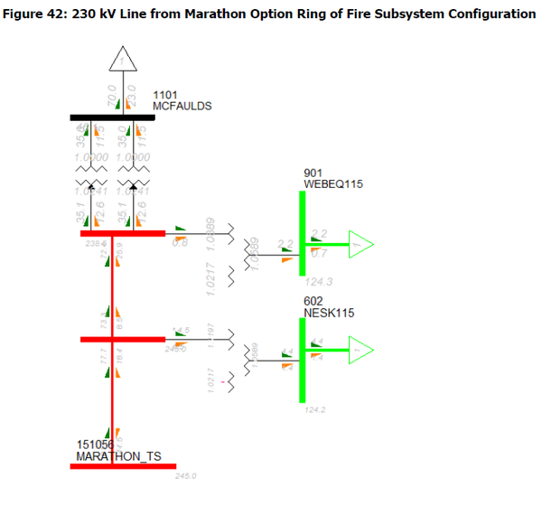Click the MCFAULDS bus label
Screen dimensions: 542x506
pos(182,106)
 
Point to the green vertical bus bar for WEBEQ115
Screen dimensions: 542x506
pos(302,234)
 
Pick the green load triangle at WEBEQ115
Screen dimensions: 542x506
pos(360,244)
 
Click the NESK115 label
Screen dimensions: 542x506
pos(329,313)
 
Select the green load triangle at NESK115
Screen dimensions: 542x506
pos(360,348)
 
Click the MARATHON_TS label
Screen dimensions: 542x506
pos(118,457)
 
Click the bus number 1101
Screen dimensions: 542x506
pos(164,94)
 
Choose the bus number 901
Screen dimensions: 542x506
pos(313,173)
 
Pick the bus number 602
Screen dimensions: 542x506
pos(313,301)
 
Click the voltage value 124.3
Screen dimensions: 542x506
pos(320,282)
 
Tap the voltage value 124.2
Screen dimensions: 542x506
pos(315,410)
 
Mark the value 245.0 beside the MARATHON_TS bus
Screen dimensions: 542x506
pos(186,475)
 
